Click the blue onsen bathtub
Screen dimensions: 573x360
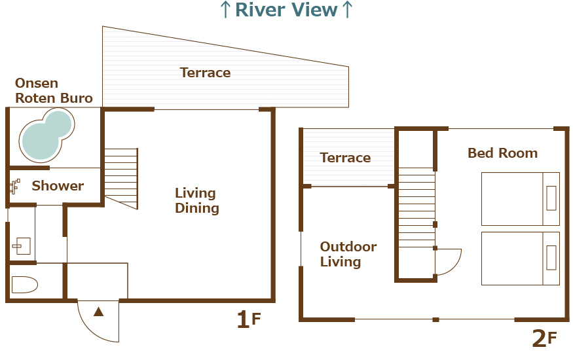46,135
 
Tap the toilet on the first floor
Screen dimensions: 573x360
24,285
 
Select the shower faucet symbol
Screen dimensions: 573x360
14,186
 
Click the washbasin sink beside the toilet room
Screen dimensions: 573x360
22,245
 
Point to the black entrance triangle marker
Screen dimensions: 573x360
99,312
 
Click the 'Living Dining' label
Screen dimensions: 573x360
197,200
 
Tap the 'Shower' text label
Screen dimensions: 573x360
58,186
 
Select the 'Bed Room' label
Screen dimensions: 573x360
502,153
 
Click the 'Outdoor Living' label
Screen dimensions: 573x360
348,254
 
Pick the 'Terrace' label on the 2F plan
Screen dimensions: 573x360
345,158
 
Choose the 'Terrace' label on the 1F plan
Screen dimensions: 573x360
206,73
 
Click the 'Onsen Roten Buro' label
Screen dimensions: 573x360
54,90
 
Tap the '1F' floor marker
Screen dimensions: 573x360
248,319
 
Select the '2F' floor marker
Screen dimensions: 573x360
544,338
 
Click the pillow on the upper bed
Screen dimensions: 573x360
551,198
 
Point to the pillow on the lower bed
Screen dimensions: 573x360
551,258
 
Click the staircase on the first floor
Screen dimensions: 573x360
121,179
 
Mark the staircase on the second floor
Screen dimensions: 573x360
416,207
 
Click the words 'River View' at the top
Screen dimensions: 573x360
286,10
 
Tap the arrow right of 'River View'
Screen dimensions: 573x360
347,10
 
